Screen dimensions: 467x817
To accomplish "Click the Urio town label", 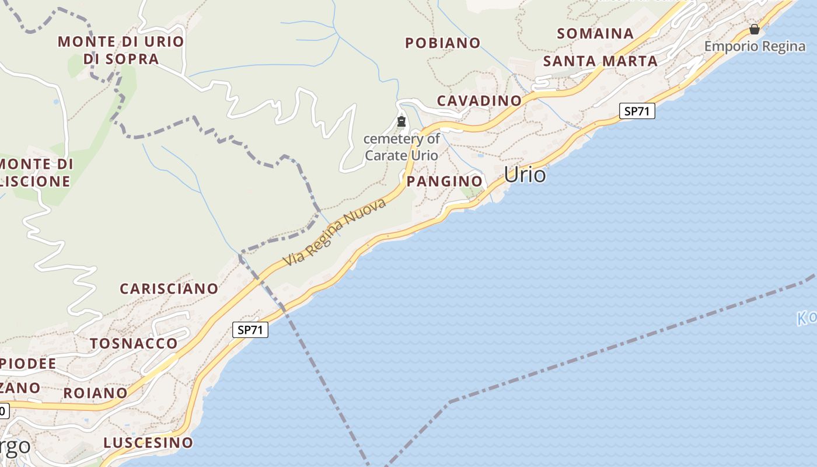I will coord(525,175).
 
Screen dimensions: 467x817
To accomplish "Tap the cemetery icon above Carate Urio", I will coord(401,122).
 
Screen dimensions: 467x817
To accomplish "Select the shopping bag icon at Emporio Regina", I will coord(755,29).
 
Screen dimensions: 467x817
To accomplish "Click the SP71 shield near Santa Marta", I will coord(636,111).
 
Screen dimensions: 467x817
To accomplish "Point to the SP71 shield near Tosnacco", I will coord(250,330).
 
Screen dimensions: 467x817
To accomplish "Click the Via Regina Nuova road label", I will coord(335,232).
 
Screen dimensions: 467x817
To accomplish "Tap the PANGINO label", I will coord(445,181).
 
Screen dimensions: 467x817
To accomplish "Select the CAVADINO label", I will coord(479,100).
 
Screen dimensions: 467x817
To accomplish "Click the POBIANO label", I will coord(442,43).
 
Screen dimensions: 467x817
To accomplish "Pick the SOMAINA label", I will coord(595,33).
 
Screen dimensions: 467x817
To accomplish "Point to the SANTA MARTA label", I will coord(600,61).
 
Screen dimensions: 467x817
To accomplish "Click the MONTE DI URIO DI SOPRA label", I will coord(121,50).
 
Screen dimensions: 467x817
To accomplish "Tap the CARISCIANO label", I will coord(169,288).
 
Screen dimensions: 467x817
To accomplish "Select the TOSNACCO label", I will coord(134,343).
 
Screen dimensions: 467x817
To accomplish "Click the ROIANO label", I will coord(95,393).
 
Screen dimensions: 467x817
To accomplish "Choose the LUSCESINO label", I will coord(148,442).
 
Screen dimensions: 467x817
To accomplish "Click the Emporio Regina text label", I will coord(755,46).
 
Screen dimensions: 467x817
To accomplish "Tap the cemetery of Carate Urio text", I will coord(401,147).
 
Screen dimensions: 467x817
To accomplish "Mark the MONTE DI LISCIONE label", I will coord(36,172).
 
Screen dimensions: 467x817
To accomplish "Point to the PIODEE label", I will coord(28,364).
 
